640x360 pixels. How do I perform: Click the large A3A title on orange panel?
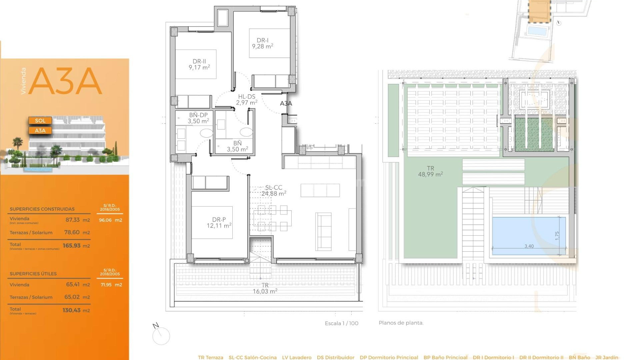[x=65, y=81]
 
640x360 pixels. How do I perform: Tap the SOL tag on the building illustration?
[x=40, y=121]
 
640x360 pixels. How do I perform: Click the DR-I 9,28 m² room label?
[x=263, y=43]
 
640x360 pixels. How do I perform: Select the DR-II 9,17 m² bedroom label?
[x=199, y=64]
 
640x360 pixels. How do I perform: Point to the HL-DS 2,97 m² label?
[x=247, y=100]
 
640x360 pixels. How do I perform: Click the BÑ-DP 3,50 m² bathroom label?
[x=198, y=118]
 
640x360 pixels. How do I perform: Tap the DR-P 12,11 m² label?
[x=219, y=223]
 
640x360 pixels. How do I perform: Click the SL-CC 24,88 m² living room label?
[x=274, y=191]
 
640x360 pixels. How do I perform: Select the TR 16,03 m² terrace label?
[x=265, y=288]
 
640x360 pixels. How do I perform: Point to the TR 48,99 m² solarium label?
[x=430, y=171]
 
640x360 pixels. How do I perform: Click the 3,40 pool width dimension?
[x=529, y=246]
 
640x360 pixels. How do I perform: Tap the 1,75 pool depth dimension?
[x=557, y=236]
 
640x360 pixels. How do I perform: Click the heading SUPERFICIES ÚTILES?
[x=33, y=274]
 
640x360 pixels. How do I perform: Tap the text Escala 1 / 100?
[x=341, y=323]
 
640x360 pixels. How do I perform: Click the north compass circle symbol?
[x=161, y=336]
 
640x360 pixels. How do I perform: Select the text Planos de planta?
[x=401, y=323]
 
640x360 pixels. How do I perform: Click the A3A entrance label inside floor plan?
[x=286, y=103]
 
